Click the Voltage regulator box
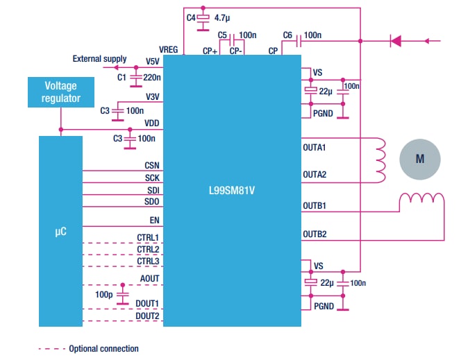pyautogui.click(x=62, y=92)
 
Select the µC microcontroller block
pyautogui.click(x=60, y=231)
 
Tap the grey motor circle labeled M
pyautogui.click(x=419, y=159)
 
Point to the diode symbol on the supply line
pyautogui.click(x=396, y=41)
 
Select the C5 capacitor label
pyautogui.click(x=222, y=35)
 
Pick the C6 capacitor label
pyautogui.click(x=287, y=35)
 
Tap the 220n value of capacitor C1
pyautogui.click(x=152, y=78)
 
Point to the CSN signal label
pyautogui.click(x=151, y=165)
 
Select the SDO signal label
pyautogui.click(x=151, y=201)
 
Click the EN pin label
pyautogui.click(x=154, y=220)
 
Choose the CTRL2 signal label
pyautogui.click(x=148, y=248)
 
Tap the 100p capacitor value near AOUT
pyautogui.click(x=104, y=295)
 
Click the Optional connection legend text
pyautogui.click(x=103, y=348)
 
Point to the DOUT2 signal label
pyautogui.click(x=147, y=316)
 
